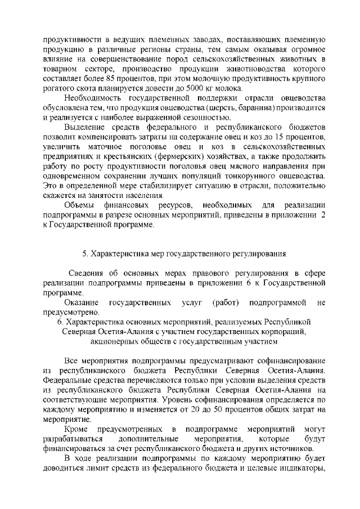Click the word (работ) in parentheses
[x=226, y=303]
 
